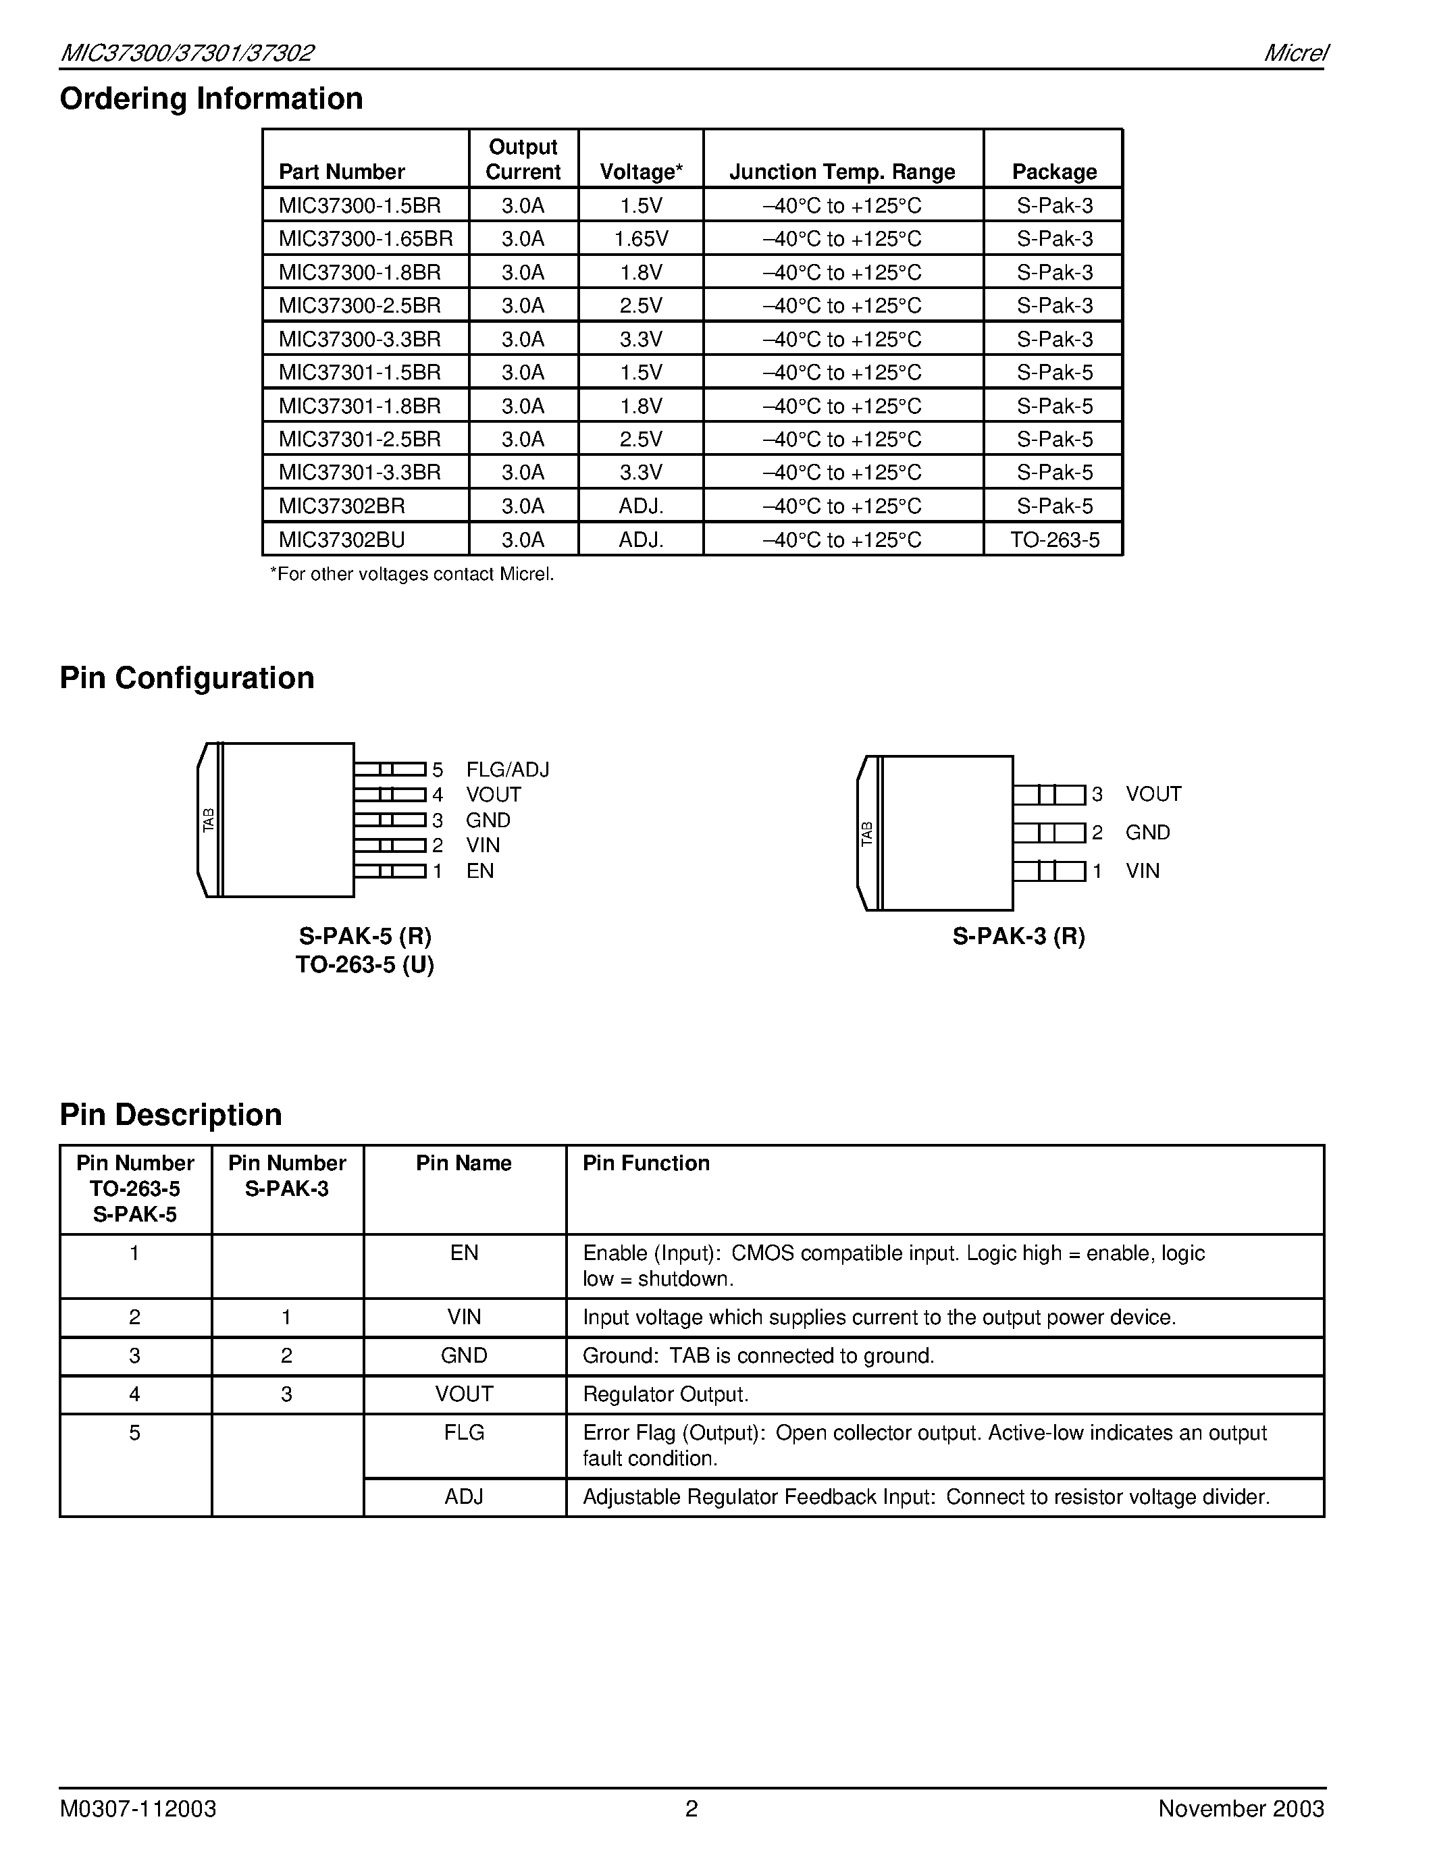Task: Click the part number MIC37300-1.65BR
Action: click(x=365, y=239)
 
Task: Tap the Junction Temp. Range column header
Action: click(x=841, y=172)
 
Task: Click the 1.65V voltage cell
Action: click(x=641, y=239)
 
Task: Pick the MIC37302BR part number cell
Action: click(x=342, y=506)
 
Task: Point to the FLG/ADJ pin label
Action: click(x=508, y=770)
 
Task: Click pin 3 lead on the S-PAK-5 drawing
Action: click(x=390, y=820)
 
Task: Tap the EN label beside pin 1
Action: click(x=479, y=870)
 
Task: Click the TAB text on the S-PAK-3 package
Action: click(x=866, y=833)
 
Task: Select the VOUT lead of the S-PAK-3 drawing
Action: click(x=1049, y=795)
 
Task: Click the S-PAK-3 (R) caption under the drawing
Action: click(x=1018, y=936)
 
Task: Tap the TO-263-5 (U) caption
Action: click(x=365, y=965)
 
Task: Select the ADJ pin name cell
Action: click(x=464, y=1496)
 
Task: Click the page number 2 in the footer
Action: click(x=691, y=1808)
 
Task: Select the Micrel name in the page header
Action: click(x=1295, y=53)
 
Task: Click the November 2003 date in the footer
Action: click(x=1241, y=1808)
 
